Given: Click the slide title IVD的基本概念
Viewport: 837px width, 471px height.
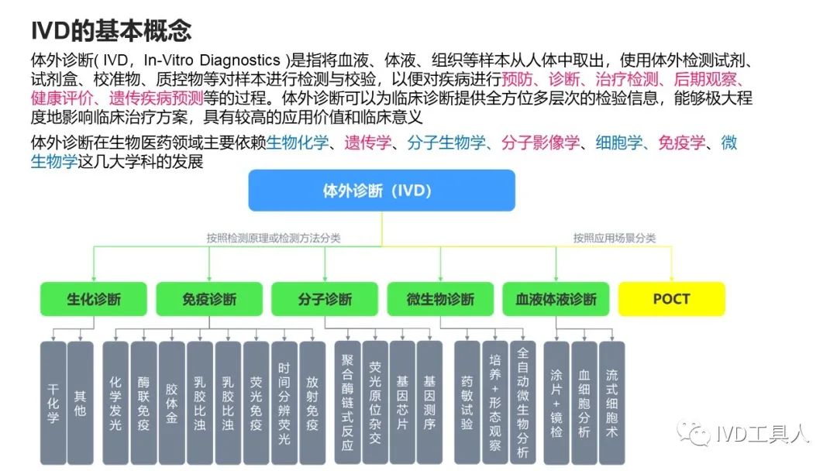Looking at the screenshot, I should pyautogui.click(x=111, y=31).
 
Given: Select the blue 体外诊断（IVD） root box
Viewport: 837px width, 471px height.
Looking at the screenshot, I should pyautogui.click(x=381, y=191).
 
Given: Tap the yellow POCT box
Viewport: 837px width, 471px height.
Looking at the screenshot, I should pyautogui.click(x=671, y=299).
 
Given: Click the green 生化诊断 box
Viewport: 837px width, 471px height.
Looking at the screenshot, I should pyautogui.click(x=94, y=299).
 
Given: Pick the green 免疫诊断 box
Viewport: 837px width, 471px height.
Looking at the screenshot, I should pyautogui.click(x=209, y=299).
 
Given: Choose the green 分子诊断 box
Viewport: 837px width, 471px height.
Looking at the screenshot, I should pyautogui.click(x=325, y=299).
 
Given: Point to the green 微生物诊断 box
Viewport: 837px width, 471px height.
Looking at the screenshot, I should pyautogui.click(x=440, y=299).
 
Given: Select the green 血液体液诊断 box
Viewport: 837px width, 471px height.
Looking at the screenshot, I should pyautogui.click(x=556, y=299).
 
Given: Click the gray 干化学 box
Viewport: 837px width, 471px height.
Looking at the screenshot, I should pyautogui.click(x=53, y=403).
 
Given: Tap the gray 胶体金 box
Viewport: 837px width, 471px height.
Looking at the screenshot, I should pyautogui.click(x=171, y=403).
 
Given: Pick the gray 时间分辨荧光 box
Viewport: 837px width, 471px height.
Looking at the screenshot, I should pyautogui.click(x=284, y=403).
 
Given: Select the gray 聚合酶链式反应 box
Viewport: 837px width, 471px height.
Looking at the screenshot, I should pyautogui.click(x=346, y=403).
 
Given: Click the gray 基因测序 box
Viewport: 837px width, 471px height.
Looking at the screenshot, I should pyautogui.click(x=429, y=403).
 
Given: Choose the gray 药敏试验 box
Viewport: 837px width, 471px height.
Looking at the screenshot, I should pyautogui.click(x=467, y=403).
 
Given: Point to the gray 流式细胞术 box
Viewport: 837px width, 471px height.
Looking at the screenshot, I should pyautogui.click(x=611, y=403).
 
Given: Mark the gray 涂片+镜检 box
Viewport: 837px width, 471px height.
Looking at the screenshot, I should pyautogui.click(x=556, y=403).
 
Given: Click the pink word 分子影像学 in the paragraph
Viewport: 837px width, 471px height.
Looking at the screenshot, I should pyautogui.click(x=540, y=143).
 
